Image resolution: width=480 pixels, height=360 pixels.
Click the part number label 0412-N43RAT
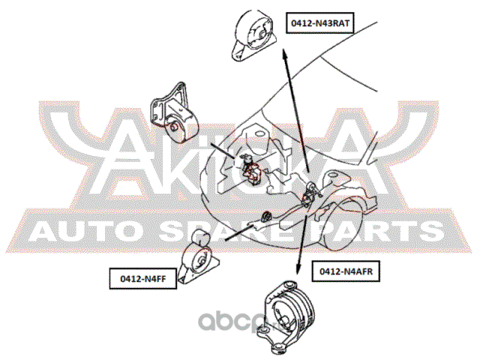pos(320,23)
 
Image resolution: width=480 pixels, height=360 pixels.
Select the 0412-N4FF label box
pos(143,278)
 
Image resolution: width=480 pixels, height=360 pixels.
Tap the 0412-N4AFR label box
pos(346,271)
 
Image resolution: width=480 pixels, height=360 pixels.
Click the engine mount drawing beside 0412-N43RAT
pos(253,35)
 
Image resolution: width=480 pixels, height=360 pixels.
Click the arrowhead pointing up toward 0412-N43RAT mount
pos(285,54)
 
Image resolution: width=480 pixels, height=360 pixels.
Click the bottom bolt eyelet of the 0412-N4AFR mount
pos(278,348)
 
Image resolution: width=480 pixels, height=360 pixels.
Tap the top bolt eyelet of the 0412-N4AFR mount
pos(289,285)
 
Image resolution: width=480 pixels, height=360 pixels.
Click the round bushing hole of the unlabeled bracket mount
pos(174,127)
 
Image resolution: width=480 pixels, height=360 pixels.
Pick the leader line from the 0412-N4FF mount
pos(239,232)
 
